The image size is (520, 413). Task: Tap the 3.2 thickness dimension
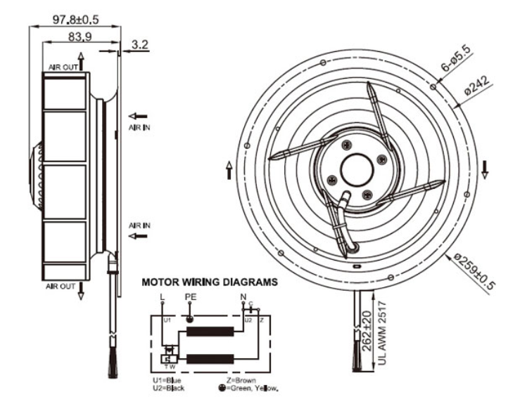tap(140, 45)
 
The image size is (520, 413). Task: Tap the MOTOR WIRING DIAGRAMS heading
tap(210, 284)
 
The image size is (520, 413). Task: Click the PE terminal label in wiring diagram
tap(189, 298)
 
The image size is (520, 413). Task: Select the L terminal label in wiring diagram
tap(163, 298)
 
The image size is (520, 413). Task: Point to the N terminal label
tap(243, 297)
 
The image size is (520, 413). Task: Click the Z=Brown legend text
tap(236, 380)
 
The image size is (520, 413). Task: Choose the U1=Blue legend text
tap(168, 380)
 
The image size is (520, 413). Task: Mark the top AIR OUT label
tap(63, 67)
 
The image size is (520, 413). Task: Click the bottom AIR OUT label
tap(62, 287)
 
